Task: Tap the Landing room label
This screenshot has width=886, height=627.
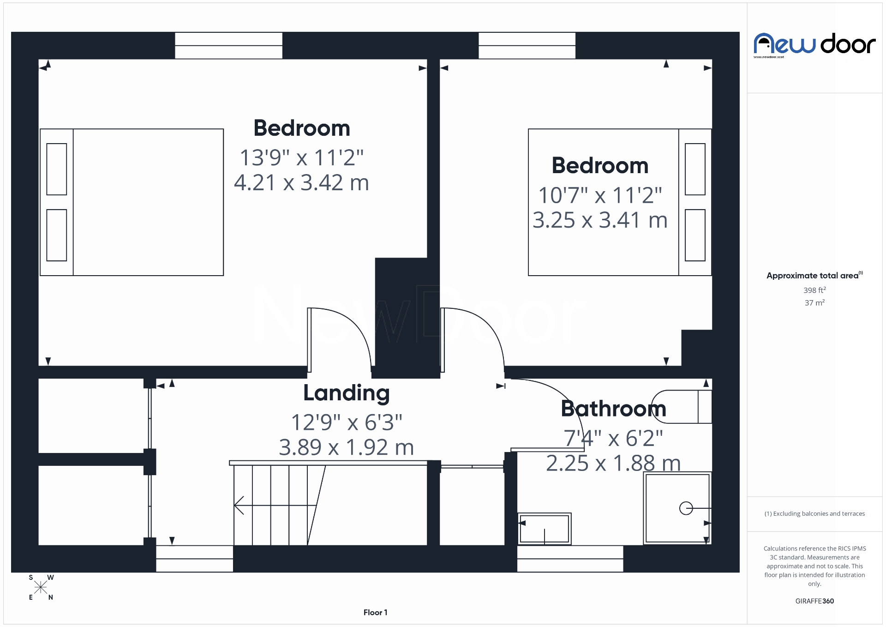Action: [x=346, y=393]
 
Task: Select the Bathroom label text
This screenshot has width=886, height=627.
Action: [x=613, y=409]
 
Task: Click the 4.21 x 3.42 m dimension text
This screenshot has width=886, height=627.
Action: [x=301, y=183]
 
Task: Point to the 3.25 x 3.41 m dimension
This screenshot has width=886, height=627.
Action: [x=600, y=220]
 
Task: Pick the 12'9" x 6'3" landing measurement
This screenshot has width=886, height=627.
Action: [x=346, y=422]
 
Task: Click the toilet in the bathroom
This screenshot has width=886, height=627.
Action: [x=682, y=407]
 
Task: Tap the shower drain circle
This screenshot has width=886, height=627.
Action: [x=686, y=508]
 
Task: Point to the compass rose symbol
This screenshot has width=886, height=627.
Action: [x=41, y=587]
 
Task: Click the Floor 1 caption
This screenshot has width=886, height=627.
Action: [x=375, y=613]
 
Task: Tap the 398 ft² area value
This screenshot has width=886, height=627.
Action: [x=814, y=290]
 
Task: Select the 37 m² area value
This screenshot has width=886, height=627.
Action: [x=814, y=303]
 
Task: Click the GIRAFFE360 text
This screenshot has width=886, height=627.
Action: [x=814, y=601]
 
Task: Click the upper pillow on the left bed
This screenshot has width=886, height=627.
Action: [x=57, y=169]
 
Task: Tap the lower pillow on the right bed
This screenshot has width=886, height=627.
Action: [x=695, y=235]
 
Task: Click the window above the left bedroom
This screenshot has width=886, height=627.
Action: [x=228, y=45]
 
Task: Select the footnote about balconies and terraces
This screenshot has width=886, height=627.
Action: [x=814, y=514]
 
